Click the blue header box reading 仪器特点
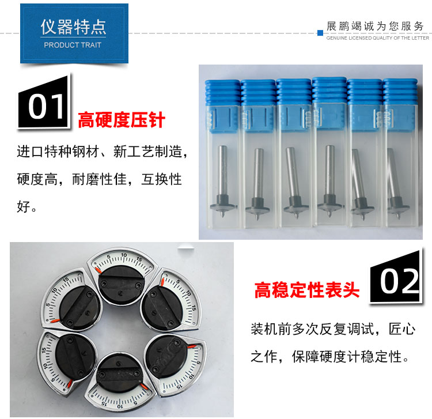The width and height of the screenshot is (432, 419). click(x=74, y=33)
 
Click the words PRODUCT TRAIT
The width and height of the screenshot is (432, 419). click(x=73, y=45)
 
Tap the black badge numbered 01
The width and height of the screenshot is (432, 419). click(x=44, y=103)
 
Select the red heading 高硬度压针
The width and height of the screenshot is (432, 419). click(x=122, y=120)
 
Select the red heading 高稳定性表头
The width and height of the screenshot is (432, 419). click(x=307, y=290)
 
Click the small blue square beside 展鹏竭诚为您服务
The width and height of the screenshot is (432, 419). click(x=320, y=33)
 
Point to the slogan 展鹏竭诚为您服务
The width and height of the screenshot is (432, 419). click(x=375, y=26)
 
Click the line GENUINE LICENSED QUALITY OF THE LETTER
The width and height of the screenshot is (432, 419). click(x=377, y=38)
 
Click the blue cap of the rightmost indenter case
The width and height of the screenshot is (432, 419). click(x=400, y=92)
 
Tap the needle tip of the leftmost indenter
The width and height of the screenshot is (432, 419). click(x=222, y=216)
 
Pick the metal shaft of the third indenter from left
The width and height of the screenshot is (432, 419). click(x=293, y=172)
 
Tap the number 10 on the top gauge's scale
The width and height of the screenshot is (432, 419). click(x=124, y=255)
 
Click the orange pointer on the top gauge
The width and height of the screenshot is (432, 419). click(x=98, y=270)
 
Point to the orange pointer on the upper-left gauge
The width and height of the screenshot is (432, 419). click(x=55, y=321)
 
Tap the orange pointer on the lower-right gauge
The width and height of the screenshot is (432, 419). click(x=192, y=346)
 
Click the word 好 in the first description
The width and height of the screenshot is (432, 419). click(x=24, y=207)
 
